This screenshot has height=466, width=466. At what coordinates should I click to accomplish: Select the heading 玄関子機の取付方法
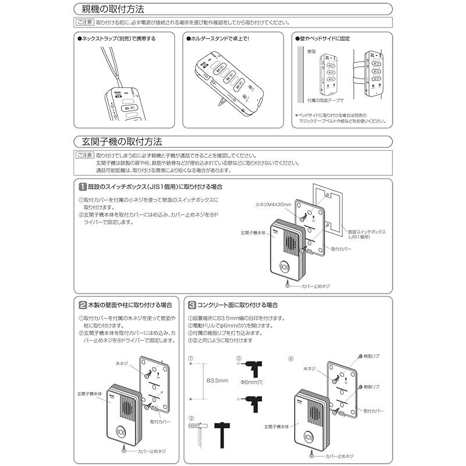[119, 142]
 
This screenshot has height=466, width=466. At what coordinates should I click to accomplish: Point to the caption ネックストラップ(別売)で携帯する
[117, 38]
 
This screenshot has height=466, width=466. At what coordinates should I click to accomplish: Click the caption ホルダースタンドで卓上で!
[217, 38]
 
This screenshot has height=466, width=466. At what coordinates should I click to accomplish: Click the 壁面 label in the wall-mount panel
[310, 52]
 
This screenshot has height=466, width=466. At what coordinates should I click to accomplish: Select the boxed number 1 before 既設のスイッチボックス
[83, 187]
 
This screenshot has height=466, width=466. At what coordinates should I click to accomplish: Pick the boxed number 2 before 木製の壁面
[83, 305]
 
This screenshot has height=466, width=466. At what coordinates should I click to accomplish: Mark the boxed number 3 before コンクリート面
[192, 305]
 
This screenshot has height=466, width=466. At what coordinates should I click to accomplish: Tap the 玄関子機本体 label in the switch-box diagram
[253, 232]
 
